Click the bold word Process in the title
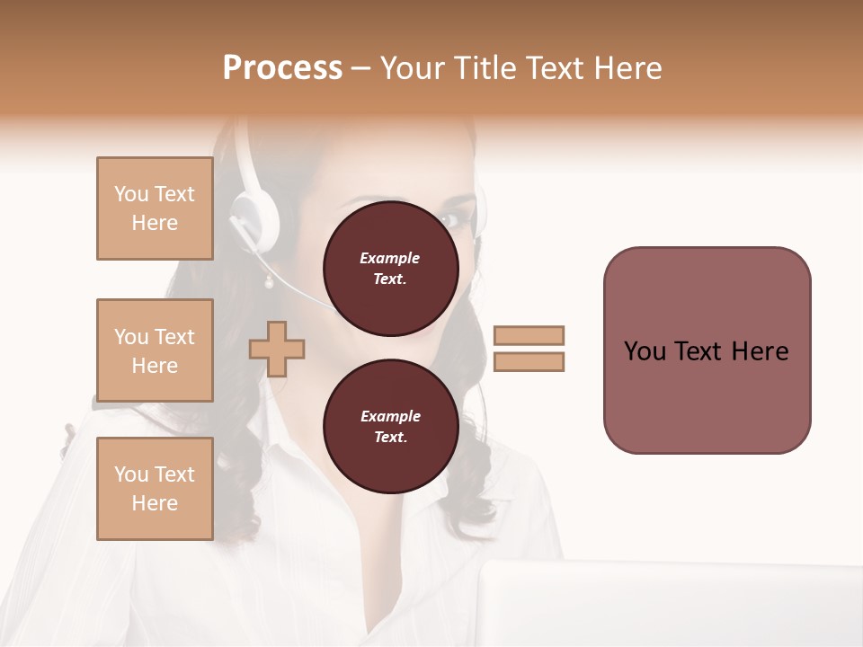pos(282,68)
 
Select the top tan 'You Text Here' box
pos(155,208)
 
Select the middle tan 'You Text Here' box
pos(155,350)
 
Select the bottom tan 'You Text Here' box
pos(155,489)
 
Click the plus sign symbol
pos(277,349)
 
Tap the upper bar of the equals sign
pos(529,335)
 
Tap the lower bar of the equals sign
pos(529,361)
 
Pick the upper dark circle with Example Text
pos(390,269)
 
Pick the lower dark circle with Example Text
pos(390,427)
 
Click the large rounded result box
pos(707,350)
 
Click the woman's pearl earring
pos(267,283)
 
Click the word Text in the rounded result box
pos(707,351)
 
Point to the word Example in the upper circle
pos(390,258)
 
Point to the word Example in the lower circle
pos(390,416)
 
